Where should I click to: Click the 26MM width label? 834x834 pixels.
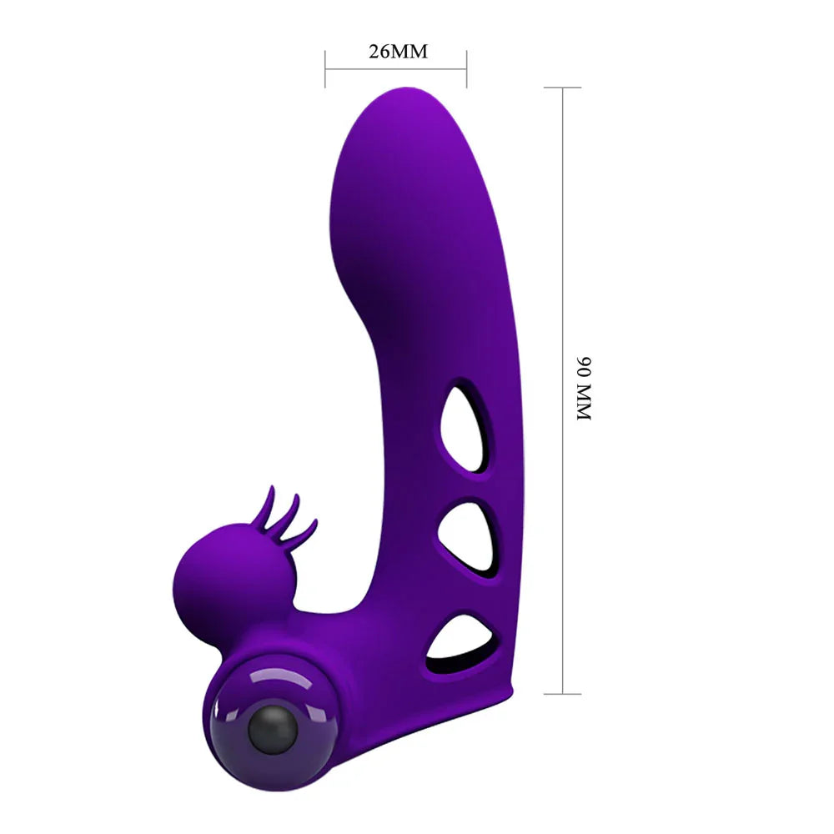tap(398, 52)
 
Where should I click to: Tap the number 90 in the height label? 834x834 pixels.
tap(584, 368)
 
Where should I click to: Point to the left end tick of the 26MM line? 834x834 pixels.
tap(325, 68)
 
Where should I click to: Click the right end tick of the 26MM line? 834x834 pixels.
tap(466, 68)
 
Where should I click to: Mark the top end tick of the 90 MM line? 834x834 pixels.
tap(563, 87)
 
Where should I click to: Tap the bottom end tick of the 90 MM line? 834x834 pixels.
tap(563, 693)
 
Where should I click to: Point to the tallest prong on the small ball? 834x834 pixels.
tap(269, 503)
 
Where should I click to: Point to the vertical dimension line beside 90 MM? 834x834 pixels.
tap(563, 250)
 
